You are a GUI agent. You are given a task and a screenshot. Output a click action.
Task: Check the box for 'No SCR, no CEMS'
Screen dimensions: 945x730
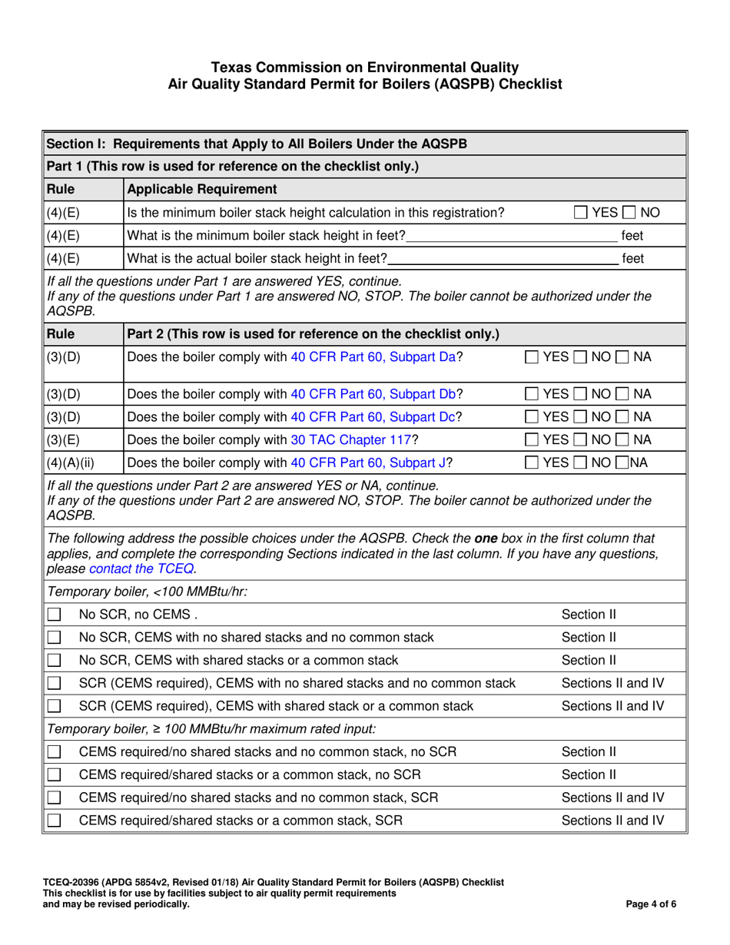point(54,615)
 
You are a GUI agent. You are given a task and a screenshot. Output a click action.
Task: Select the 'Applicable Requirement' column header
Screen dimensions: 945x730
point(201,189)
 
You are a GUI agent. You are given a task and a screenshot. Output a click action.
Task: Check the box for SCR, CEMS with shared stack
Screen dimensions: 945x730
point(54,706)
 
